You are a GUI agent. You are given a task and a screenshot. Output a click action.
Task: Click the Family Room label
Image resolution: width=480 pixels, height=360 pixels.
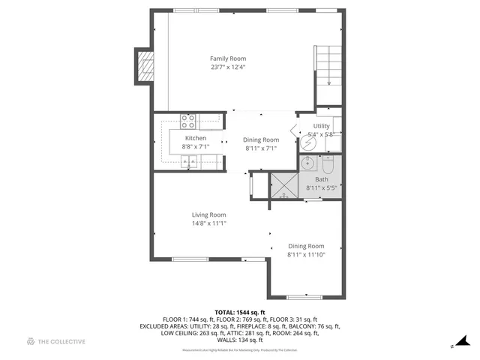[x=227, y=58]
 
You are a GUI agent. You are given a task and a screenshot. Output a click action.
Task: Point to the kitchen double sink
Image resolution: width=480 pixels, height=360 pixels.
[x=188, y=161]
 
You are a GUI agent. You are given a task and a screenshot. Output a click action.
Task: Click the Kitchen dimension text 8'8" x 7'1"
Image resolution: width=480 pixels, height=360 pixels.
[x=196, y=147]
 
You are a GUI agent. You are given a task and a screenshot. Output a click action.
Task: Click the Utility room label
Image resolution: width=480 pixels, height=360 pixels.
[x=322, y=126]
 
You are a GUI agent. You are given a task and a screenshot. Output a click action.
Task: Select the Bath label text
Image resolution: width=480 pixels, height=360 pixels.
[x=321, y=179]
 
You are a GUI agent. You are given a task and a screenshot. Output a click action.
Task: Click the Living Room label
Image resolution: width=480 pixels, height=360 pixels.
[x=208, y=214]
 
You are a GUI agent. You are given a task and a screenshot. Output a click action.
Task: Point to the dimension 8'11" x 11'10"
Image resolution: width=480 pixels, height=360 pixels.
[x=306, y=254]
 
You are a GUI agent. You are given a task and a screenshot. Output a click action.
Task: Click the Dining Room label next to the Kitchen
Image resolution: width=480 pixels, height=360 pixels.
[x=261, y=139]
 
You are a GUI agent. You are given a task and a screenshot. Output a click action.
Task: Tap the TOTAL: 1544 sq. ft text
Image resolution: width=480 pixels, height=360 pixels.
[x=239, y=312]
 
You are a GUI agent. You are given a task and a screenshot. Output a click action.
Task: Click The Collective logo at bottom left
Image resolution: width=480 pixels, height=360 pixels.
[x=55, y=342]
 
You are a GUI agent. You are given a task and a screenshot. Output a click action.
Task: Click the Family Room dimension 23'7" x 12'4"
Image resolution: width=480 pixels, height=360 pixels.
[x=227, y=67]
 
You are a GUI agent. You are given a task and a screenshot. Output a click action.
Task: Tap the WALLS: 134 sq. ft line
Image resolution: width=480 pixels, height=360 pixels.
[x=239, y=339]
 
